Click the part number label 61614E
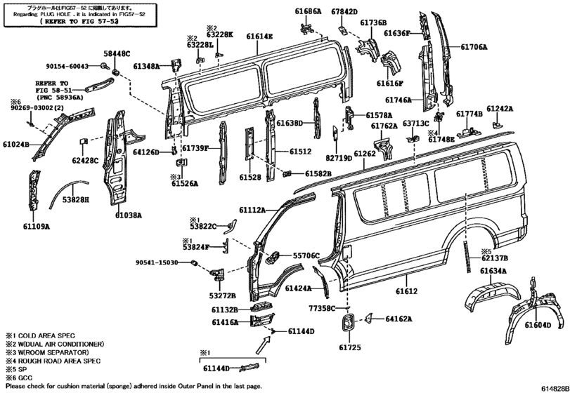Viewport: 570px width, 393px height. click(259, 36)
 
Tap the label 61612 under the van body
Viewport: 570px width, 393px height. click(406, 291)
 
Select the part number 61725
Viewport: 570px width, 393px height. click(350, 347)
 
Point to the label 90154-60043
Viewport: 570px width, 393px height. click(67, 66)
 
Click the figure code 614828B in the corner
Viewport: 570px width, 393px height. click(555, 388)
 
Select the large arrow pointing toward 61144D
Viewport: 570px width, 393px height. click(263, 345)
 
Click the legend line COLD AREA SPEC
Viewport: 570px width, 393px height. click(40, 335)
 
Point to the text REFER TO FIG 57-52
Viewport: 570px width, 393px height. click(79, 22)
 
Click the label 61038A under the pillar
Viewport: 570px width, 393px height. click(129, 215)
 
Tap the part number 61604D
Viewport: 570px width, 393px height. click(538, 325)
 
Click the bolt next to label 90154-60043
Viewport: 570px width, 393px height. click(104, 66)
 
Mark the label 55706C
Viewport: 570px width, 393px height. click(306, 255)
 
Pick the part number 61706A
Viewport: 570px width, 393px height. click(474, 46)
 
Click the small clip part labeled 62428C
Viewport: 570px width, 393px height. click(83, 141)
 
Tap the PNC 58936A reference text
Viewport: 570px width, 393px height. click(60, 98)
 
